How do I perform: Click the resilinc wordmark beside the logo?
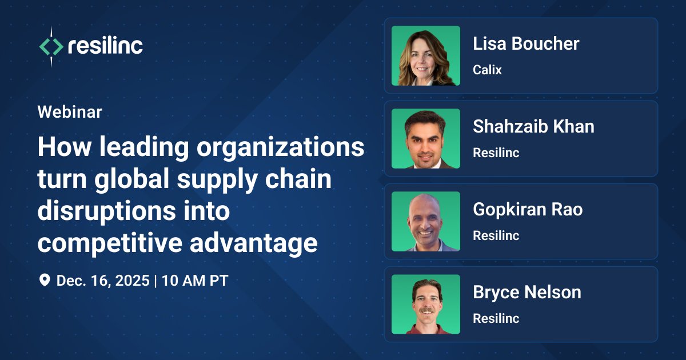(x=105, y=46)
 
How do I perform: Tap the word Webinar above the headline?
(x=70, y=112)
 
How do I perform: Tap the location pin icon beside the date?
(x=44, y=281)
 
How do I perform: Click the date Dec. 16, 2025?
(x=103, y=281)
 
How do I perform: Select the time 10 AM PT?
(x=195, y=281)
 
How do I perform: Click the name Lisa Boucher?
(x=526, y=44)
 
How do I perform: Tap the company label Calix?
(x=487, y=70)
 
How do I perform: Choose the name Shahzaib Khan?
(x=533, y=127)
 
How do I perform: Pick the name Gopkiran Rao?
(x=528, y=210)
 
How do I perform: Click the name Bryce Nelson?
(x=527, y=293)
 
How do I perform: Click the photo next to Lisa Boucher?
(x=426, y=55)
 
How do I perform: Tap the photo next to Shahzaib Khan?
(x=426, y=138)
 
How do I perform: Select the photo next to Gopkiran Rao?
(x=426, y=221)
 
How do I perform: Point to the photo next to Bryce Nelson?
(x=426, y=304)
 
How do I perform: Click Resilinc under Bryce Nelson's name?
(x=496, y=318)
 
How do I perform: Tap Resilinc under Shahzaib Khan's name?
(x=496, y=153)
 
